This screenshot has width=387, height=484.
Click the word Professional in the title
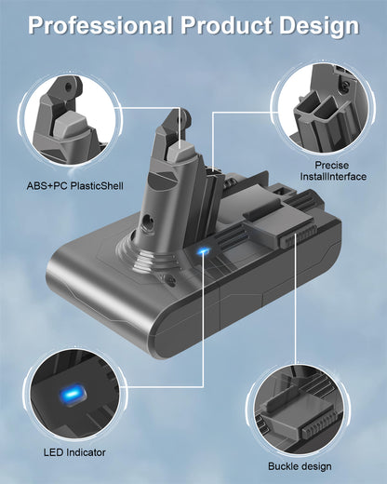coord(100,25)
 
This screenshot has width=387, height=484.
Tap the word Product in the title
coord(226,25)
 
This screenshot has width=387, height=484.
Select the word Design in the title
coord(319,26)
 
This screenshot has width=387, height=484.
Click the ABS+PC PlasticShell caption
coord(75,186)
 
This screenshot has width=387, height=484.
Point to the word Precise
coord(332,165)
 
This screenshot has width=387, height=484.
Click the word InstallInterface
coord(333,177)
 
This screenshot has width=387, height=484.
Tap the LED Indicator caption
coord(74,452)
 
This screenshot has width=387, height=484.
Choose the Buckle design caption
coord(300,466)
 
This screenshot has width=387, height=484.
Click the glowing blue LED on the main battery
coord(203,250)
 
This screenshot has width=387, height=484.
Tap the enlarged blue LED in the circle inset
coord(72,395)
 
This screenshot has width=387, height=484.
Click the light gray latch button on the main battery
coord(181,150)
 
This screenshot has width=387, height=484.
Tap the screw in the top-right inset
coord(345,87)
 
